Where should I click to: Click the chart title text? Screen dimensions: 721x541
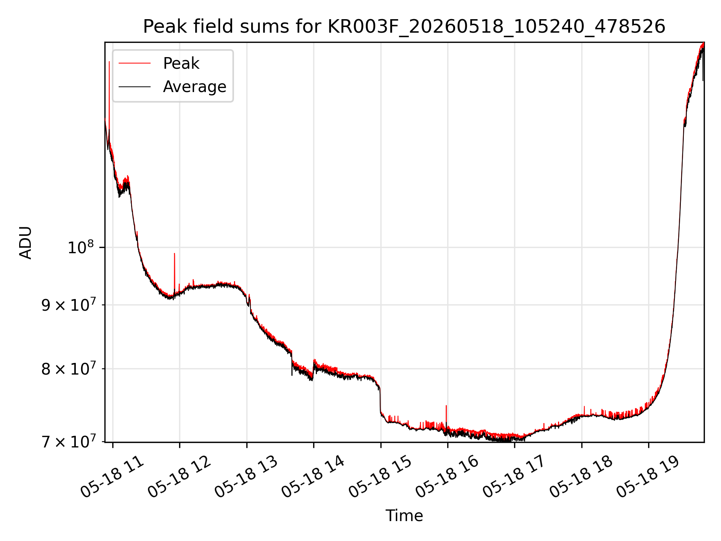click(x=404, y=27)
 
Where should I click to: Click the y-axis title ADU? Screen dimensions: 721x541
click(x=26, y=242)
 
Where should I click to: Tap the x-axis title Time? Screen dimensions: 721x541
click(x=404, y=516)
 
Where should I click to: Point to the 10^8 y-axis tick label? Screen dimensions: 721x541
click(x=80, y=248)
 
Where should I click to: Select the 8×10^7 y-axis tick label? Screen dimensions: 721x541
click(x=68, y=369)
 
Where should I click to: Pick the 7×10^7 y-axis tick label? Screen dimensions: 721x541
click(x=68, y=442)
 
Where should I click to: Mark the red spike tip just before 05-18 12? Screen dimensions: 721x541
click(x=174, y=254)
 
